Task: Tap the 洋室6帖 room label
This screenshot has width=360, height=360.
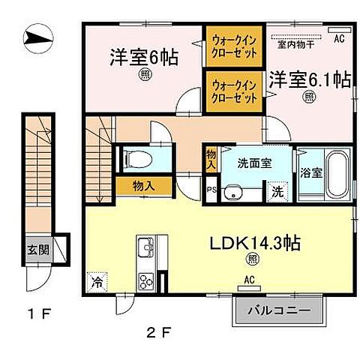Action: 145,57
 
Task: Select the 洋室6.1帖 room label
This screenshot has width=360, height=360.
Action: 307,78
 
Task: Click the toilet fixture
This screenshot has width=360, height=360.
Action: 136,158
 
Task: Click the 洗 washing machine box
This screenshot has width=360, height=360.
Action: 277,190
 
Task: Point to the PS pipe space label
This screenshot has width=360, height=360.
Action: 212,190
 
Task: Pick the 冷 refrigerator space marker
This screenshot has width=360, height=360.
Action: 97,283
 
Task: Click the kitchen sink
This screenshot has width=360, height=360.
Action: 145,247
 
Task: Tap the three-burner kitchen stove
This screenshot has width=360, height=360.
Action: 145,282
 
